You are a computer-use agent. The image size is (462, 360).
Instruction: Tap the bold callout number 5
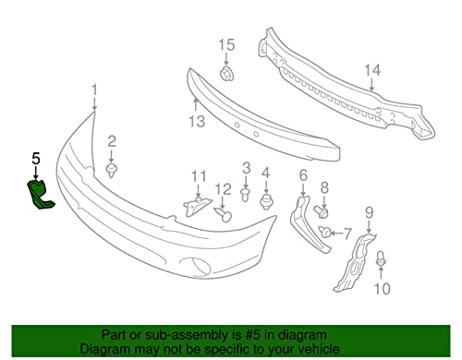[x=36, y=158]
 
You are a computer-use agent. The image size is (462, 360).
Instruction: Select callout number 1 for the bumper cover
[x=93, y=90]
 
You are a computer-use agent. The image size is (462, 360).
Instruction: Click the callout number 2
[x=111, y=141]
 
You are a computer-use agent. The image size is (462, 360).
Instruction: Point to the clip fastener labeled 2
[x=112, y=171]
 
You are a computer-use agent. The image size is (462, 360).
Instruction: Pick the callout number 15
[x=226, y=44]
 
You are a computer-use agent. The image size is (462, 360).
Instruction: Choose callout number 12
[x=223, y=190]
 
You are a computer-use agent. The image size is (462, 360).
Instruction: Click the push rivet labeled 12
[x=225, y=215]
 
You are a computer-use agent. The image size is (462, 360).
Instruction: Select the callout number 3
[x=247, y=167]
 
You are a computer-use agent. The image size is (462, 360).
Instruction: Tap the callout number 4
[x=265, y=173]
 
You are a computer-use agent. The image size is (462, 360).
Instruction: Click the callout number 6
[x=303, y=174]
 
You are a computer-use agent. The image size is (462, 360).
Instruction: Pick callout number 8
[x=324, y=188]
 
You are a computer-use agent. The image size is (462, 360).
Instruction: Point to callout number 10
[x=382, y=288]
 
